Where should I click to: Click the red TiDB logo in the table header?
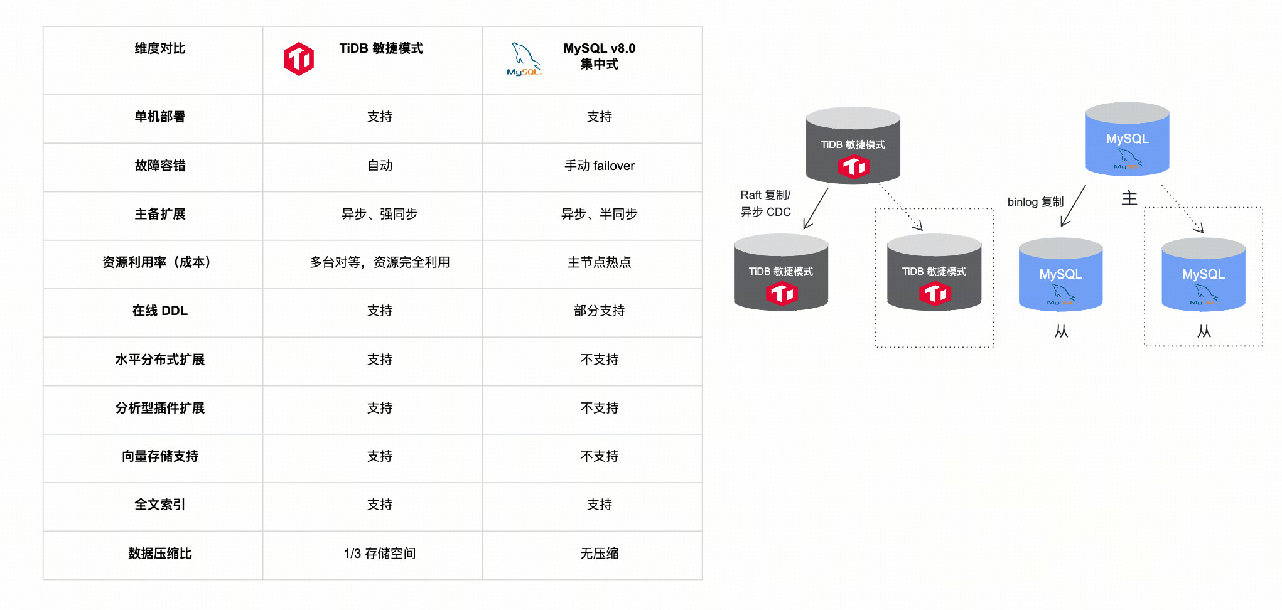click(x=299, y=59)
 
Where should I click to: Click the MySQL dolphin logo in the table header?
click(x=524, y=59)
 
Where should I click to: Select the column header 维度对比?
click(x=159, y=48)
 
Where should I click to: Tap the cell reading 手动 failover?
click(x=599, y=166)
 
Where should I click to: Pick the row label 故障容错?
click(x=159, y=166)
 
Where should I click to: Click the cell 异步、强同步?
click(x=379, y=214)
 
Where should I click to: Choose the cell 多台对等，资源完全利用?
click(x=379, y=262)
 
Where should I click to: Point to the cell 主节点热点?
click(x=599, y=262)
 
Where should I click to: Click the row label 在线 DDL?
click(x=159, y=311)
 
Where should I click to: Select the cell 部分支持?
click(x=599, y=311)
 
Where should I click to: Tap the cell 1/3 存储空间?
click(x=379, y=554)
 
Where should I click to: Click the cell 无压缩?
click(x=599, y=554)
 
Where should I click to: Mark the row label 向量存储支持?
click(x=159, y=456)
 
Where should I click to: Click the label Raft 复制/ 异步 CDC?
click(x=765, y=203)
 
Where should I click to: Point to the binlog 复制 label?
click(x=1035, y=202)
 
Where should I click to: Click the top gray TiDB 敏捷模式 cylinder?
click(x=853, y=146)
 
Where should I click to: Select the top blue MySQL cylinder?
click(x=1127, y=139)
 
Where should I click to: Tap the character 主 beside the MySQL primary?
click(x=1129, y=198)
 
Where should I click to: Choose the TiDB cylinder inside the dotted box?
click(x=934, y=273)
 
